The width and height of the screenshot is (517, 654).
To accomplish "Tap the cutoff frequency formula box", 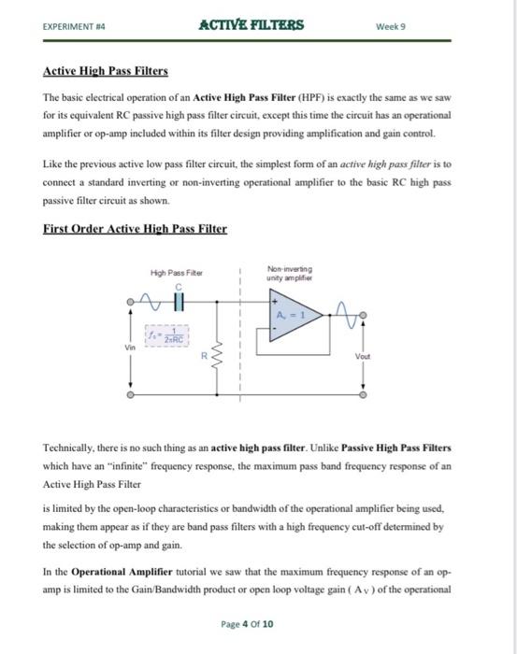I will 168,334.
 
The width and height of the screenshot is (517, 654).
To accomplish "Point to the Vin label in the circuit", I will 131,346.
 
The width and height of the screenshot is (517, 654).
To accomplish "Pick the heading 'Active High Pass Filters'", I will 105,71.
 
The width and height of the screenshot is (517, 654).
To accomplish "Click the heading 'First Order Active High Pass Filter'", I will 136,228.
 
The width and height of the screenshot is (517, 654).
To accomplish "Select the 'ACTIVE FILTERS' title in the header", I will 251,24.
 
